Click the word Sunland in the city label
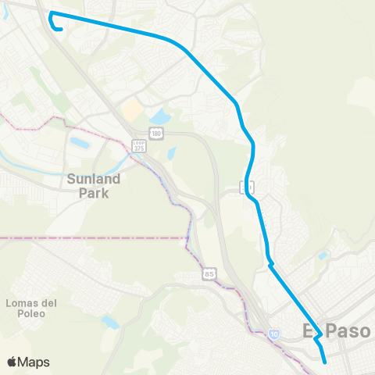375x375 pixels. click(x=93, y=179)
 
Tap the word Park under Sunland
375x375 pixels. click(x=93, y=192)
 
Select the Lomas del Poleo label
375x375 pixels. click(x=27, y=308)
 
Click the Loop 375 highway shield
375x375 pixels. click(x=138, y=147)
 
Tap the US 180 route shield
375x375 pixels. click(x=157, y=135)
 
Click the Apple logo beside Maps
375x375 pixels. click(x=12, y=362)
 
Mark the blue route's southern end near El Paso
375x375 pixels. click(x=324, y=362)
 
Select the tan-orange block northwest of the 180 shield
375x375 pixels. click(x=133, y=109)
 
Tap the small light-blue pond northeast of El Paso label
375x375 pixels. click(x=323, y=255)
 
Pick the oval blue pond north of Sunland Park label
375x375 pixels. click(x=80, y=143)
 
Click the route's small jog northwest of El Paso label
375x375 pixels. click(x=270, y=264)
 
